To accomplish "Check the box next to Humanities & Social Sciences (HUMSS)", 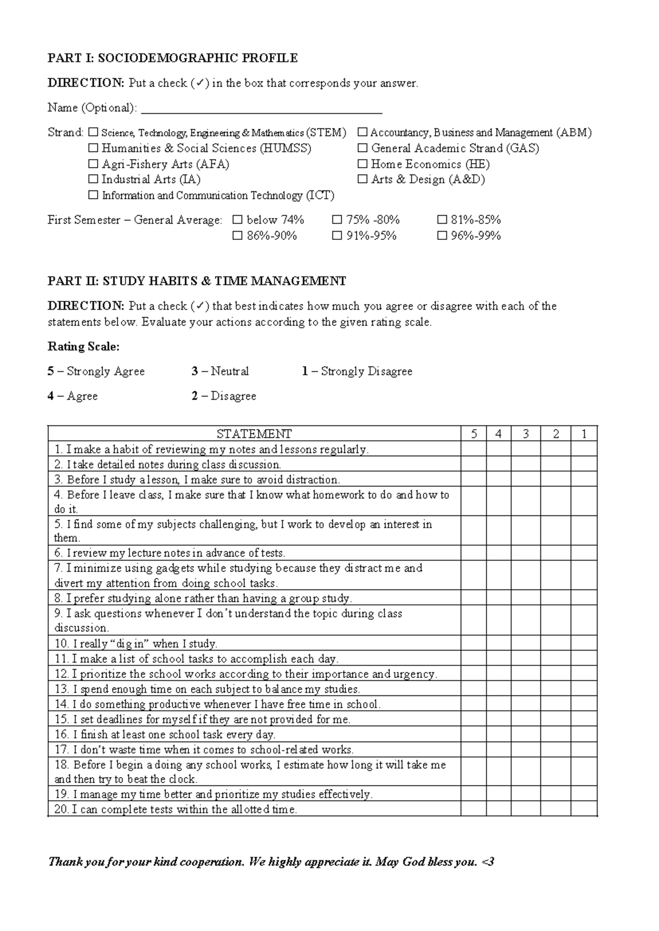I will point(93,148).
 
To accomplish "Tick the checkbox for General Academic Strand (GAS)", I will point(362,148).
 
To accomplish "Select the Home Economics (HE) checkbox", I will point(362,164).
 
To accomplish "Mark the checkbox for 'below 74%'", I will point(237,220).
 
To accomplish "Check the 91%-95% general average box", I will point(337,236).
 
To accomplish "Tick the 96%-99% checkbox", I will point(442,236).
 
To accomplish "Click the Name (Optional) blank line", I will point(261,108).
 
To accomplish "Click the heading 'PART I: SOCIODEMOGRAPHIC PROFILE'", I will point(172,58).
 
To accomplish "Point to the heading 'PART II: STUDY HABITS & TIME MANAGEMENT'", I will point(197,281).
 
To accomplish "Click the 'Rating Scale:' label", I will point(83,347).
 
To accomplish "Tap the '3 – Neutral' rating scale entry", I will point(220,372).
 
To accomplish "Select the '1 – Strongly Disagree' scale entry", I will point(357,372).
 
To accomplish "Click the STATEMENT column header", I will point(254,434).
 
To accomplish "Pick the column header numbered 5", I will point(474,434).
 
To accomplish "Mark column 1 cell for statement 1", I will point(584,450).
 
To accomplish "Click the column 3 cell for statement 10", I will point(526,644).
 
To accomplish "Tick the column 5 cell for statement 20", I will point(474,810).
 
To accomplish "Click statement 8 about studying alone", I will point(203,598).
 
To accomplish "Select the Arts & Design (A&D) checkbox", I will point(362,180).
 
